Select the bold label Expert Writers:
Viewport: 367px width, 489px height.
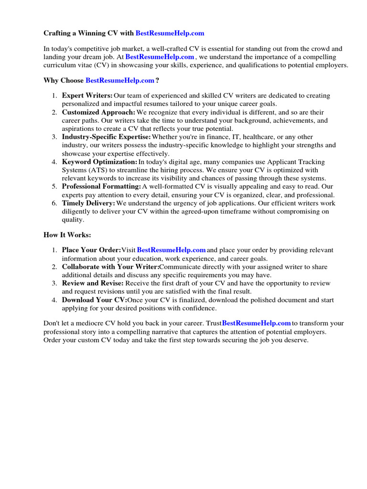pos(87,96)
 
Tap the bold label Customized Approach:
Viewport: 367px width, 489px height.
pos(98,112)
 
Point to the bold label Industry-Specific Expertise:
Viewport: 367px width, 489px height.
pos(106,137)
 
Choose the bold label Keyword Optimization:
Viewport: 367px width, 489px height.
pos(99,162)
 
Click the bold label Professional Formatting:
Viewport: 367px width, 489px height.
pos(101,187)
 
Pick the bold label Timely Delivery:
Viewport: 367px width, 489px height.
pos(88,203)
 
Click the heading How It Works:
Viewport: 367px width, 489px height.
pos(67,235)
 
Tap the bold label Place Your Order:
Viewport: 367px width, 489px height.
pos(91,250)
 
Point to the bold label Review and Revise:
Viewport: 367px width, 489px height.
pos(92,283)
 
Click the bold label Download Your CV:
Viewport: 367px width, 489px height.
pos(94,300)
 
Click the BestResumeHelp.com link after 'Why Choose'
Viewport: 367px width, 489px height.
pos(120,80)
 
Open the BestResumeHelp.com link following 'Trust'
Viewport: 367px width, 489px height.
pos(257,323)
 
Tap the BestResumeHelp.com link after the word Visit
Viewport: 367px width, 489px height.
pos(172,250)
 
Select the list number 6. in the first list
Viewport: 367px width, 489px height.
pos(55,203)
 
